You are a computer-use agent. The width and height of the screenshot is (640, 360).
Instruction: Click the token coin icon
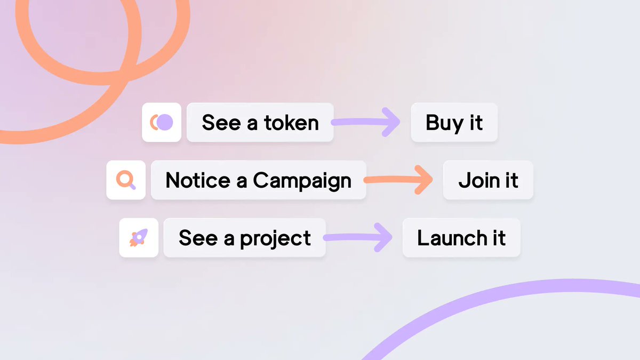pos(162,122)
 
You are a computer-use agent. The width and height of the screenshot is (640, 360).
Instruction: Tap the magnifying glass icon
pos(126,180)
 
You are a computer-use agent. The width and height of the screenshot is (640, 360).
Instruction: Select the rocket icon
pos(139,238)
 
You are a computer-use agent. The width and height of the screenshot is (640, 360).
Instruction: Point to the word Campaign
pos(302,181)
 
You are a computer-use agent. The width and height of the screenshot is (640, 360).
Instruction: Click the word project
pos(275,238)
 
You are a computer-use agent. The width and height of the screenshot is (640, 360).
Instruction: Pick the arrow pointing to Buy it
pos(368,122)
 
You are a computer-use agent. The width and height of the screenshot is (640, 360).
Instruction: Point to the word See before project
pos(198,238)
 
